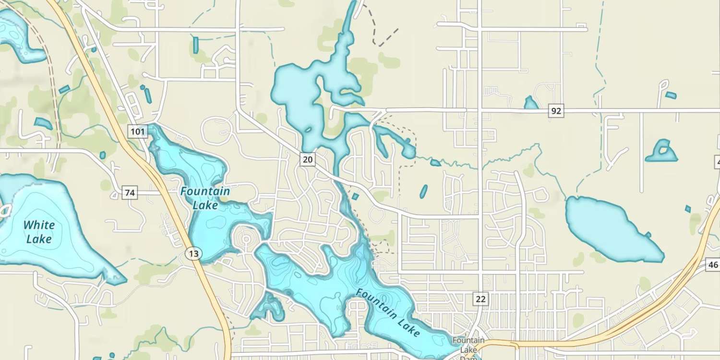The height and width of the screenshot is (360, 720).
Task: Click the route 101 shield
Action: click(137, 131)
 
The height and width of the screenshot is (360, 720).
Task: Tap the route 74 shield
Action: click(130, 193)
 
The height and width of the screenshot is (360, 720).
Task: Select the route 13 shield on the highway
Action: click(193, 254)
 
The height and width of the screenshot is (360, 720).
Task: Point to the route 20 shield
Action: click(308, 159)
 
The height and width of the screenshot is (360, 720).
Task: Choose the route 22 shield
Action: click(480, 300)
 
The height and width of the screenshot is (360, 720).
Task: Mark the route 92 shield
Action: click(556, 111)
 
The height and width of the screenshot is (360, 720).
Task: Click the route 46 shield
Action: click(713, 264)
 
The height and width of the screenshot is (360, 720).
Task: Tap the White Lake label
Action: click(39, 232)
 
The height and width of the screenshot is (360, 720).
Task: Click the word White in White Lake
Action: click(39, 225)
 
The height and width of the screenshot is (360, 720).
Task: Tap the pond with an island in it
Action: click(662, 152)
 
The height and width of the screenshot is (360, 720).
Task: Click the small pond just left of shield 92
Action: click(530, 103)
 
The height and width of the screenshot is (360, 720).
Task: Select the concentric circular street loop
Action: click(246, 239)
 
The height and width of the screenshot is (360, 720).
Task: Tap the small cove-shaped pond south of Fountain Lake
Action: click(269, 308)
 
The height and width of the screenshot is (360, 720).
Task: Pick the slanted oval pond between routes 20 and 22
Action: click(423, 192)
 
